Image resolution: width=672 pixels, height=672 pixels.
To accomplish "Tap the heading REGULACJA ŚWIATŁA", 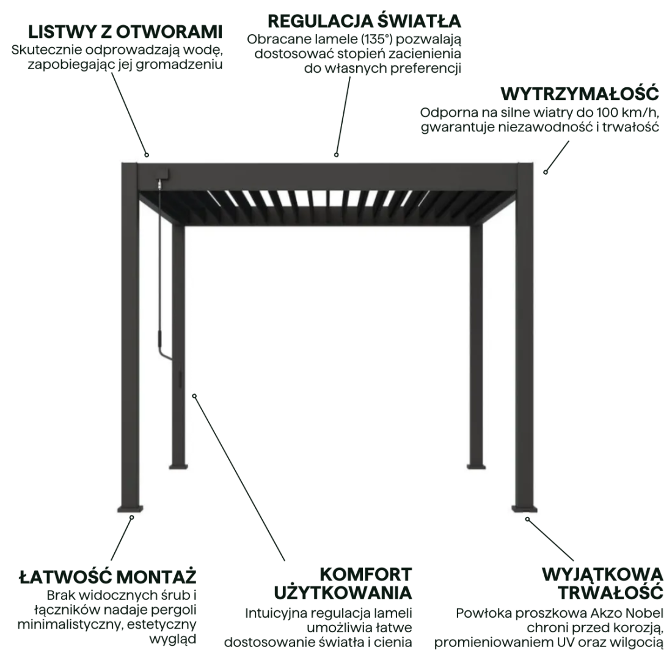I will coord(364,21).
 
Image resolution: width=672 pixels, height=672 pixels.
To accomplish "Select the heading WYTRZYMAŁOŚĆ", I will coord(580,93).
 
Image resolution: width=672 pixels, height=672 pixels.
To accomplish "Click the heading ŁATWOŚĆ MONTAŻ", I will coord(108,576).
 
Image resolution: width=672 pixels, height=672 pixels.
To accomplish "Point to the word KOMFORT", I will coord(366,574).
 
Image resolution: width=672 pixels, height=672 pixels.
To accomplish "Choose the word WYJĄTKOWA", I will coord(602,574).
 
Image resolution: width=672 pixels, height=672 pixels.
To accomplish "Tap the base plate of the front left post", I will coord(132,509).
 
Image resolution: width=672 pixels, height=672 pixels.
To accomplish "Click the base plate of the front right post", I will coord(525,508).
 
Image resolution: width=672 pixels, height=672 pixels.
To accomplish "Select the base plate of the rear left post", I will coord(178,466).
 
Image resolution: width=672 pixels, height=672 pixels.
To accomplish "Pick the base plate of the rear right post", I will coord(477,466).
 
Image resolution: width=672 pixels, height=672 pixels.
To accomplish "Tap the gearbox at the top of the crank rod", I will coord(162,175).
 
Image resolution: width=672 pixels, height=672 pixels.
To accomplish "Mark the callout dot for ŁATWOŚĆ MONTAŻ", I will coord(131,517).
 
